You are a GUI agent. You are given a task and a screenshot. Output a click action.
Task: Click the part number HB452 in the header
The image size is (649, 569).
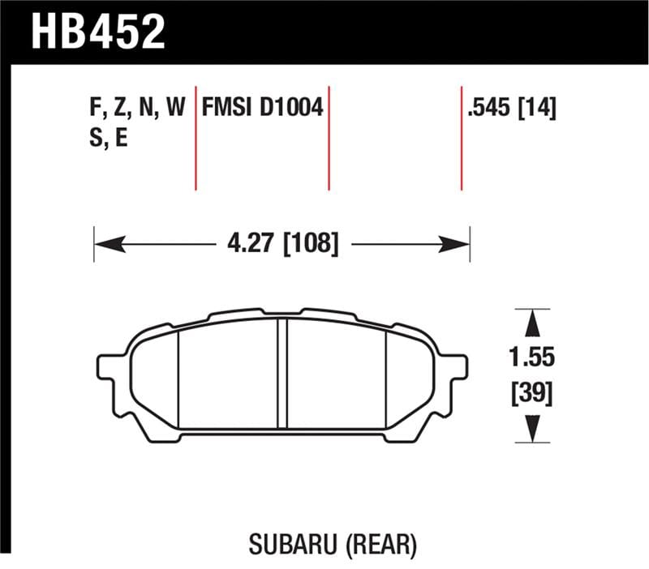coord(97,31)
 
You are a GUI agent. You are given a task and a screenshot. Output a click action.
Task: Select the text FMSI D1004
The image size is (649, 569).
coord(262,109)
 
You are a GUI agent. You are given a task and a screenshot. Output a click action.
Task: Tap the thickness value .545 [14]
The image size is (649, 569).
coord(511,109)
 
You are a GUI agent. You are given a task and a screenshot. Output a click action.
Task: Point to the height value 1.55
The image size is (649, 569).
coord(532,357)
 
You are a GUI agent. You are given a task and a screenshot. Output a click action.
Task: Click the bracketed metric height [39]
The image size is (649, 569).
coord(532,395)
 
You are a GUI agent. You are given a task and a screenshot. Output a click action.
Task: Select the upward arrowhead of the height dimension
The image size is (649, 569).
coord(532,323)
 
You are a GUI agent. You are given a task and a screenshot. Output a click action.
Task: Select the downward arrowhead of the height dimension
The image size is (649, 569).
coord(532,428)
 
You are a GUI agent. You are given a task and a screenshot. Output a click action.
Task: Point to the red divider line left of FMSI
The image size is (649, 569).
coord(196,138)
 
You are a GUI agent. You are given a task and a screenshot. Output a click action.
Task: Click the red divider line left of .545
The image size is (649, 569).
coord(462,138)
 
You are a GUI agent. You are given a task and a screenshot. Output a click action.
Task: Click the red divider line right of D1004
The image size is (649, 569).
coord(329,138)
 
